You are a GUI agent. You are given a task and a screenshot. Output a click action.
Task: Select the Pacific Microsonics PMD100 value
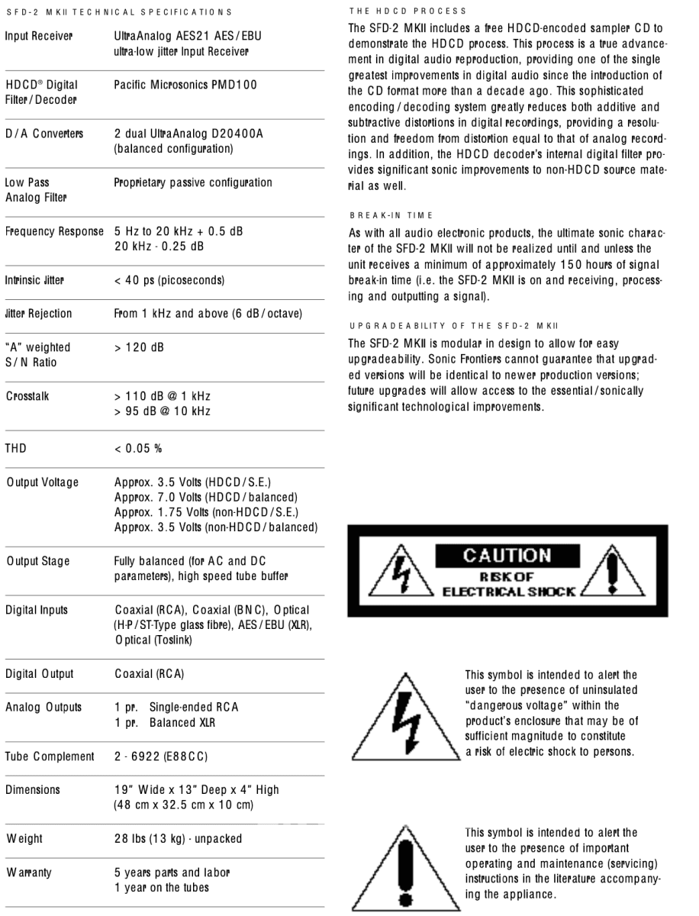(x=185, y=85)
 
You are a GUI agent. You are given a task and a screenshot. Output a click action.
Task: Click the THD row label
(x=15, y=448)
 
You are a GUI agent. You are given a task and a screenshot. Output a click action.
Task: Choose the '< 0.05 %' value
(x=137, y=448)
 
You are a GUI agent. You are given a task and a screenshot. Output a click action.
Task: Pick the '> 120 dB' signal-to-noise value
(x=140, y=348)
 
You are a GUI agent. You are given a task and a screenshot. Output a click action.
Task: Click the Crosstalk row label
(x=27, y=397)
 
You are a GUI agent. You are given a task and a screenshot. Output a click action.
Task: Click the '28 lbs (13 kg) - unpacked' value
(x=178, y=839)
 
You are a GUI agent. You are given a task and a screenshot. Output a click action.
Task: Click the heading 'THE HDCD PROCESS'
(x=397, y=11)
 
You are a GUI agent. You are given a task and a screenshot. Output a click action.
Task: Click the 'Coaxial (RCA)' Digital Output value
(x=149, y=674)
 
